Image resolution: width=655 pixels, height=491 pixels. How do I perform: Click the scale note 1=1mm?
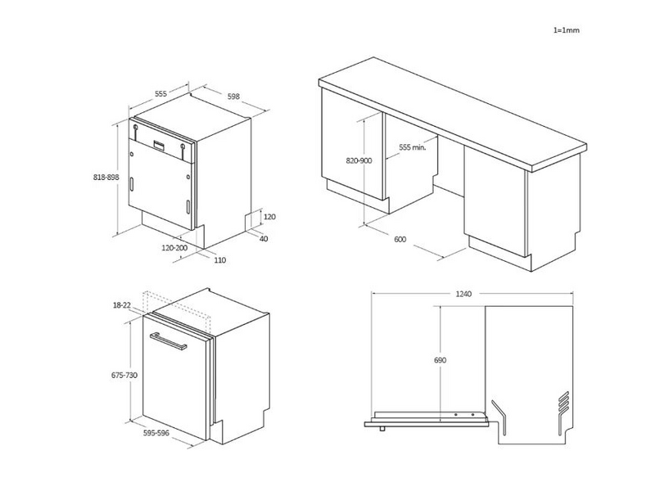[x=567, y=30]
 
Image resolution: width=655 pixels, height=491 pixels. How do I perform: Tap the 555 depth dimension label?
[x=160, y=93]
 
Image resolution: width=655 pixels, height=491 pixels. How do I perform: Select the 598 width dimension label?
[x=233, y=97]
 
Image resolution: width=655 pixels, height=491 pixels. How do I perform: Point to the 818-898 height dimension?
[x=106, y=177]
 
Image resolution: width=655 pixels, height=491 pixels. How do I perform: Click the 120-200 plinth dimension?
[x=174, y=248]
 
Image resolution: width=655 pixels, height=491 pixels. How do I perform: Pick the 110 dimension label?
[x=219, y=260]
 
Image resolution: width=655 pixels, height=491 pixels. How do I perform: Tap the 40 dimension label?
[x=264, y=239]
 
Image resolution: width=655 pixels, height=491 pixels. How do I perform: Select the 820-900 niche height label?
[x=359, y=160]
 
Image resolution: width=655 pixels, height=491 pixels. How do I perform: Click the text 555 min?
[x=413, y=147]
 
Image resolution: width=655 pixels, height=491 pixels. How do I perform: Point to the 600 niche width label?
[x=400, y=239]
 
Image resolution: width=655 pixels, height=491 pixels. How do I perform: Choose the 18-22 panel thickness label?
[x=121, y=305]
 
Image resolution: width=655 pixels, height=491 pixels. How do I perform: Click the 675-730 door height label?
[x=124, y=375]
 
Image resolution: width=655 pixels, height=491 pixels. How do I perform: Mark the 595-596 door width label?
[x=156, y=433]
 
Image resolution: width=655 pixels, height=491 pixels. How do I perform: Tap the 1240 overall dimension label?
[x=463, y=294]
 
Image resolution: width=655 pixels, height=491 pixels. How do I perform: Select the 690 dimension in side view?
[x=440, y=360]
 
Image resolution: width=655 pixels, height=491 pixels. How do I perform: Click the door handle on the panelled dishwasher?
[x=168, y=340]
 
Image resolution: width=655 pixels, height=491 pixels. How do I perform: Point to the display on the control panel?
[x=159, y=145]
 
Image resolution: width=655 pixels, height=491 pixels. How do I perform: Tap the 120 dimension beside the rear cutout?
[x=270, y=217]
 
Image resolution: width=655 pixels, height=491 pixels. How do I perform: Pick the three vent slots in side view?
[x=563, y=402]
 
